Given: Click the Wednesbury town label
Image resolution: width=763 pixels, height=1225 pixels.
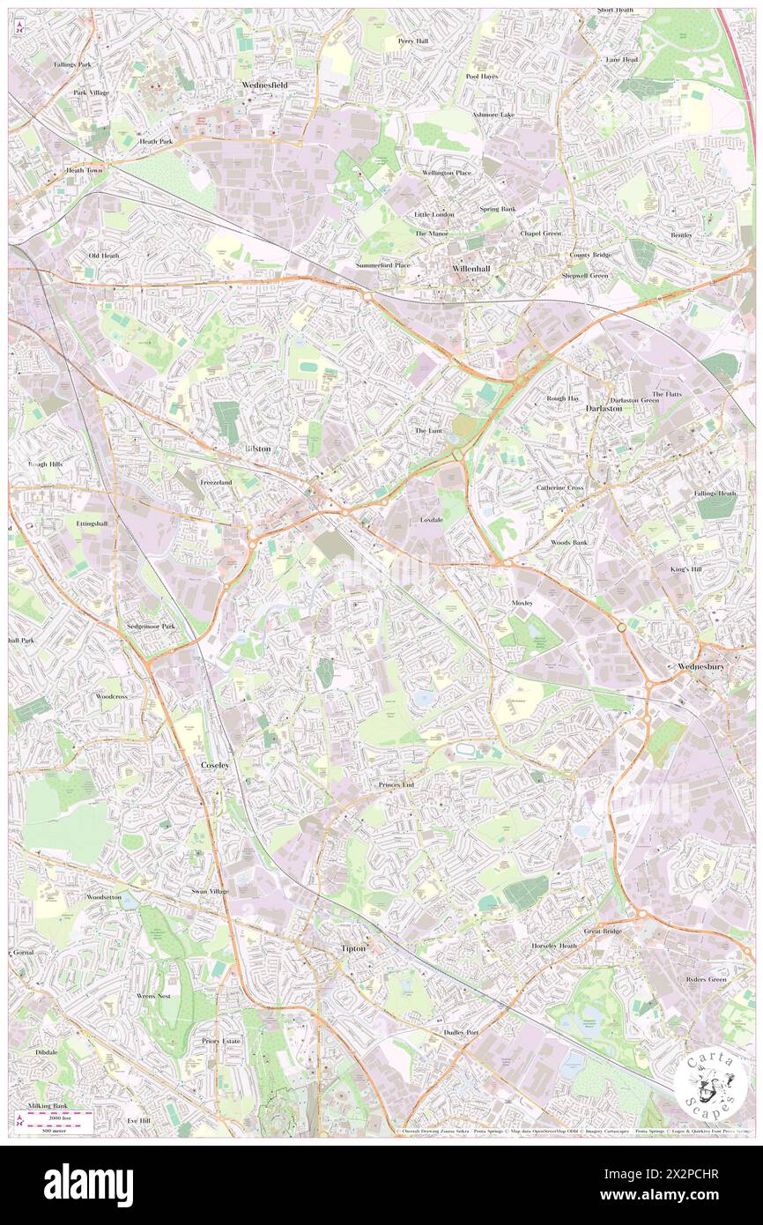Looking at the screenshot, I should pos(701,666).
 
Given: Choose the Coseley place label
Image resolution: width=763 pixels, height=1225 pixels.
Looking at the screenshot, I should pos(215,765).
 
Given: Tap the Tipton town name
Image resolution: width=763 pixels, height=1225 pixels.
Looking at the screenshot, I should pos(352,948).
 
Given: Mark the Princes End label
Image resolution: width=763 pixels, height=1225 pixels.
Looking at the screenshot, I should pos(396,783).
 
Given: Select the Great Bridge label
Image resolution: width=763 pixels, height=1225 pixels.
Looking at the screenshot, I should pos(604,931).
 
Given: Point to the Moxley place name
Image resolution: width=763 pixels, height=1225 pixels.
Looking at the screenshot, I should pos(522,603).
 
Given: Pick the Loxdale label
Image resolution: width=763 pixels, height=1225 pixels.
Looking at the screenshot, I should pos(432,520).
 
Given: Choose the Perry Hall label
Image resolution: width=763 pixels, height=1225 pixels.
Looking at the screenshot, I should pos(412,41).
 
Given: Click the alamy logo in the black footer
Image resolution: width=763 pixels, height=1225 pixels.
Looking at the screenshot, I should pos(88,1184).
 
